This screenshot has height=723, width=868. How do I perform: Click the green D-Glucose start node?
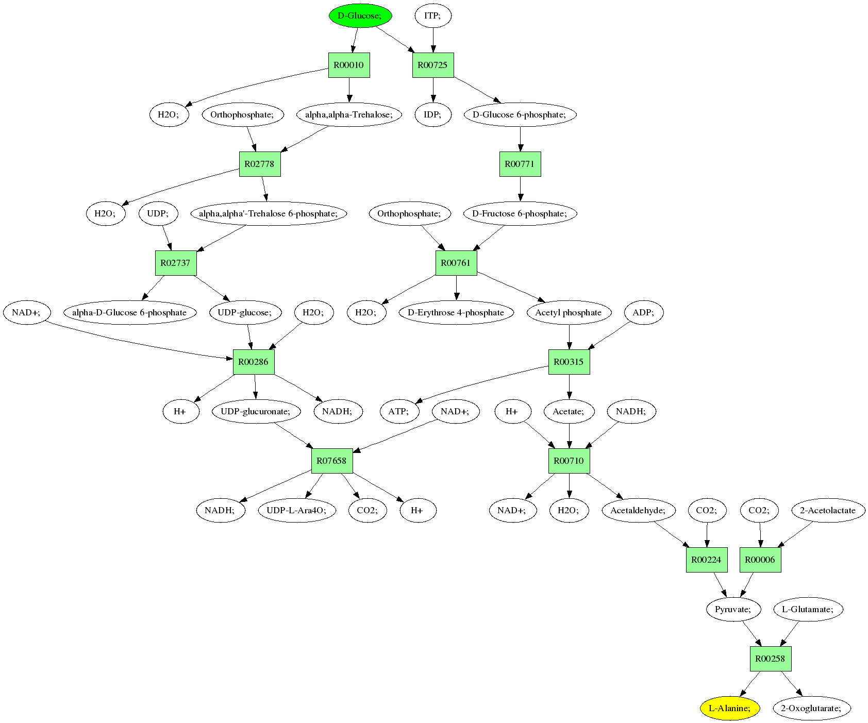[360, 15]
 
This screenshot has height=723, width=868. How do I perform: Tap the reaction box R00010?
[349, 65]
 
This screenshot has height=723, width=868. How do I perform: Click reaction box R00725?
[433, 65]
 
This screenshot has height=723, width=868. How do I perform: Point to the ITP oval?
[433, 15]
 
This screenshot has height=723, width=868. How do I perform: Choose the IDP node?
[433, 114]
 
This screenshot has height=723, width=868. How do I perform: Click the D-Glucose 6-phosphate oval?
[520, 114]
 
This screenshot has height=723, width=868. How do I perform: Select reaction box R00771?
[520, 164]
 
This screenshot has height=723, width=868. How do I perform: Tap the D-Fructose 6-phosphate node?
[520, 213]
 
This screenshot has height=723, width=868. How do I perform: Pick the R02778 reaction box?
[260, 164]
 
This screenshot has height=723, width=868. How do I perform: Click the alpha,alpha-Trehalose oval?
[349, 114]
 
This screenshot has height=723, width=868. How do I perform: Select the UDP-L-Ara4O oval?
[296, 510]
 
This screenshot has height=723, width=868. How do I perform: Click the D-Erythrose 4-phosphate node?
[456, 312]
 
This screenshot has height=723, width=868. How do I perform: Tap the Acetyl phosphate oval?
[569, 312]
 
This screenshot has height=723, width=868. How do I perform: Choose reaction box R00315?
[569, 362]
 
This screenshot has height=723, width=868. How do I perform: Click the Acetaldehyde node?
[639, 510]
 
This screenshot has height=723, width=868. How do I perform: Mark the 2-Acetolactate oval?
[828, 510]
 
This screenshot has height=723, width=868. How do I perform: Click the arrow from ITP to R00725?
[433, 40]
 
